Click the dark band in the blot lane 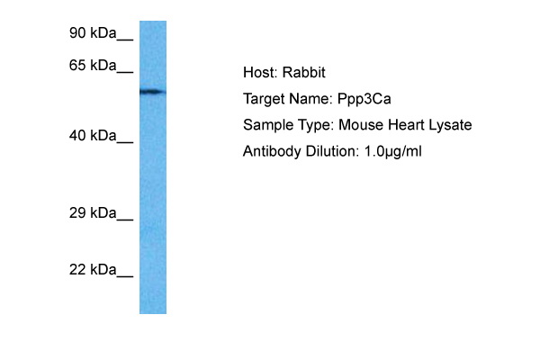pos(153,92)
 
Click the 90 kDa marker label pos(93,33)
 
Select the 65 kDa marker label pos(93,65)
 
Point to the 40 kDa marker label pos(93,136)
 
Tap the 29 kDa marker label pos(93,213)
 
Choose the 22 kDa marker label pos(93,270)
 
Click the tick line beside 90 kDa pos(125,40)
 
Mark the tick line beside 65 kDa pos(125,72)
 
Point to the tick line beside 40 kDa pos(125,142)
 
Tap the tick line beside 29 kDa pos(125,220)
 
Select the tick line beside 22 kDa pos(125,276)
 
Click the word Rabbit pos(304,73)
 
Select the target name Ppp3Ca pos(364,100)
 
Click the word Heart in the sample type pos(406,125)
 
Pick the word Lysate pos(450,126)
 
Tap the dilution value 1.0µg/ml pos(392,152)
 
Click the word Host pos(260,73)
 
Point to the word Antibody pos(272,152)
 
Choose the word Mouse pos(361,125)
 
